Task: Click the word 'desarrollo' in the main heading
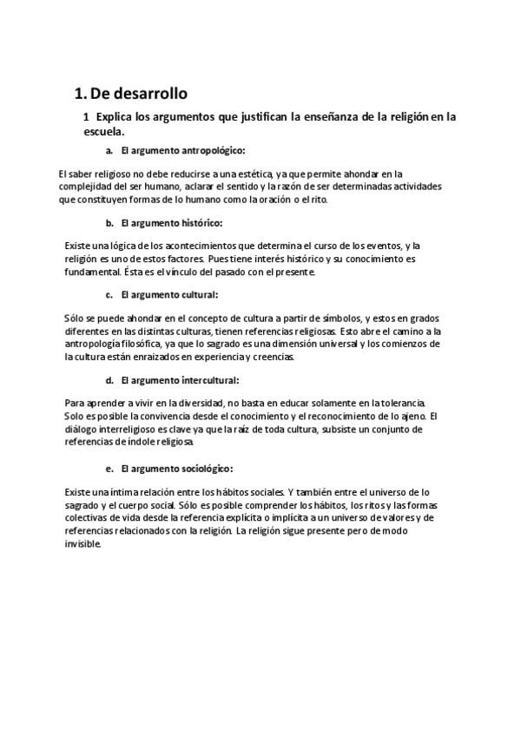(148, 93)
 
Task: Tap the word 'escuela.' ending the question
(104, 132)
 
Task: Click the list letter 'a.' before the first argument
(109, 151)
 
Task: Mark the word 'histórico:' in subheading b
(198, 223)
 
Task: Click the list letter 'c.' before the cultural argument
(109, 295)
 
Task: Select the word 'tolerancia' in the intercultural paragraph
(399, 404)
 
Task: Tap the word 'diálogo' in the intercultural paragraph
(82, 429)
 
